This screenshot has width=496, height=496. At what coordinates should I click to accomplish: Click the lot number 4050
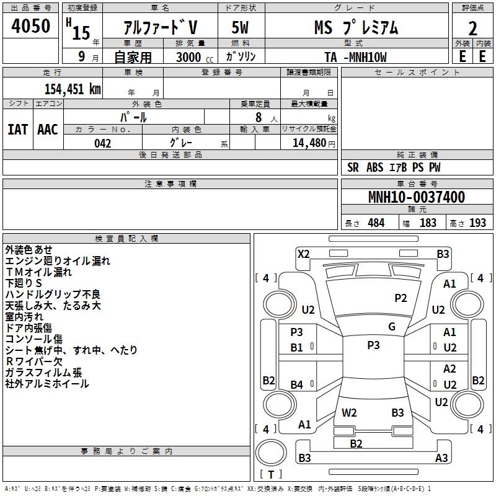point(30,26)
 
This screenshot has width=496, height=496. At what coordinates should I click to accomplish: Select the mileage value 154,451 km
point(73,89)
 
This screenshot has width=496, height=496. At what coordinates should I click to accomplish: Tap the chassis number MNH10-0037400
point(417,197)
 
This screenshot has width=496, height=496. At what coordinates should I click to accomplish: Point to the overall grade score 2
point(472,29)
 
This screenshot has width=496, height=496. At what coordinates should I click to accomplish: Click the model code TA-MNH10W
point(355,57)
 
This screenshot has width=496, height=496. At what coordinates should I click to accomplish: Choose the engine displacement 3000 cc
point(195,57)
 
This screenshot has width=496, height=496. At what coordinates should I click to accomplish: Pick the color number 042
point(102,143)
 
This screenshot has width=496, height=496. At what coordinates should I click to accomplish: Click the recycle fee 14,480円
point(314,143)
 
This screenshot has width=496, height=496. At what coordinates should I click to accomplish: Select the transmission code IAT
point(17,130)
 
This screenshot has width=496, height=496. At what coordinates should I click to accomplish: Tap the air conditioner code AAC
point(48,130)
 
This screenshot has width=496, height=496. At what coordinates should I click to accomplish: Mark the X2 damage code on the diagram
point(303,254)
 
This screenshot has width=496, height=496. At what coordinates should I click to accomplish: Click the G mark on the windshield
point(392,326)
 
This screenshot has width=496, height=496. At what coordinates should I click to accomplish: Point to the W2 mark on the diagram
point(349,412)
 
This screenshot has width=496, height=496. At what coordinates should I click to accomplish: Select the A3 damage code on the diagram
point(441,458)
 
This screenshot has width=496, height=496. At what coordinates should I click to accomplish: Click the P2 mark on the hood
point(401,298)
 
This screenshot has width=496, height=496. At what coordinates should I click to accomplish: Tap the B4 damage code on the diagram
point(297,384)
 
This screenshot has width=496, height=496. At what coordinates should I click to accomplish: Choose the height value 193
point(477,223)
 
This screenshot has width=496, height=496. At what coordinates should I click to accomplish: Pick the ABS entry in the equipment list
point(375,167)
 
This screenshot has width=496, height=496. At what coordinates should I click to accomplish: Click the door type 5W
point(240,27)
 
